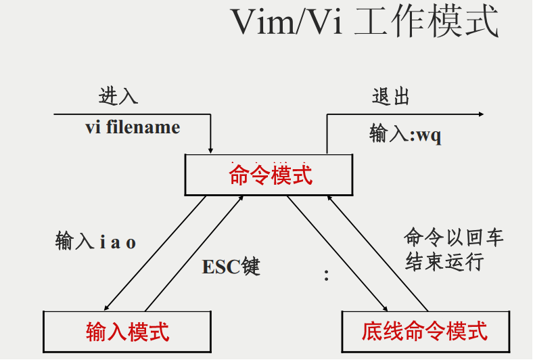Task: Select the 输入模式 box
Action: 127,331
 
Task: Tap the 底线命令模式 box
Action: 424,331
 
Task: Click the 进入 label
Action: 118,96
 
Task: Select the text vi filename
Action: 133,127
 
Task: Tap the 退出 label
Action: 391,97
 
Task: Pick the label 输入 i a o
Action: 95,242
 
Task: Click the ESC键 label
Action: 231,267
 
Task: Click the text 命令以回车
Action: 454,238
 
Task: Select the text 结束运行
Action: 444,262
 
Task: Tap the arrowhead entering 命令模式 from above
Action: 211,150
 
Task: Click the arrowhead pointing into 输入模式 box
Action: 108,307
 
